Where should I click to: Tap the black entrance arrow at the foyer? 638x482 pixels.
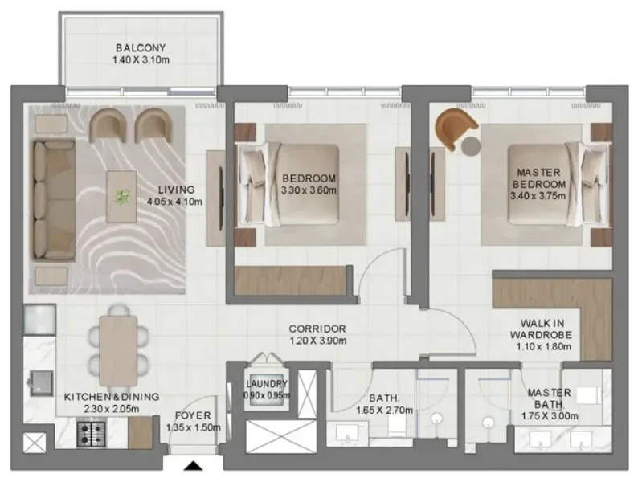click(193, 467)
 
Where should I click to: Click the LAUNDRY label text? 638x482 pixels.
click(267, 383)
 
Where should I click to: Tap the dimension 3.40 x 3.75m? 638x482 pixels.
click(541, 195)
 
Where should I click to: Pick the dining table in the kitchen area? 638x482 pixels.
click(118, 343)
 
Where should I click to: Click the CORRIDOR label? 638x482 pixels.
click(318, 329)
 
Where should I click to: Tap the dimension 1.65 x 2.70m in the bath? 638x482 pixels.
click(384, 410)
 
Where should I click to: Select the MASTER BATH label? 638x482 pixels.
click(550, 398)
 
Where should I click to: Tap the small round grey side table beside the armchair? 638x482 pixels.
click(471, 145)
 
